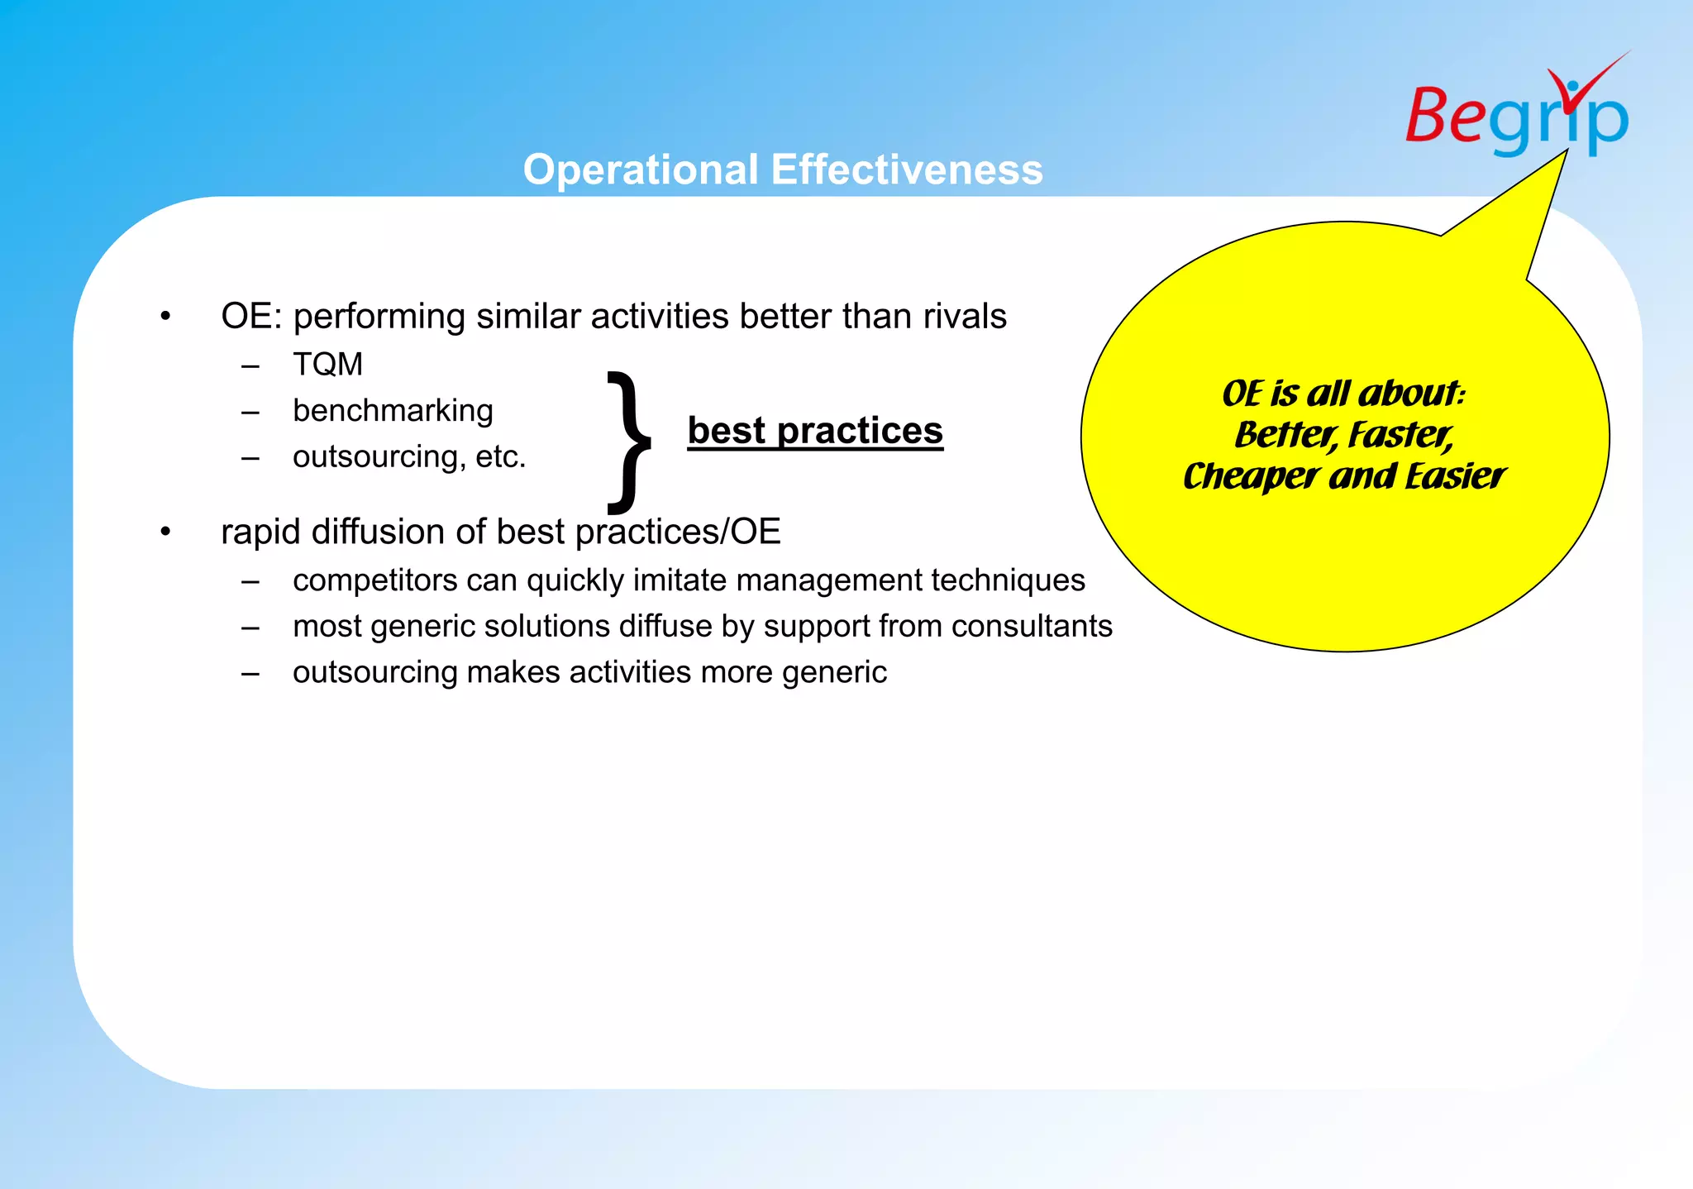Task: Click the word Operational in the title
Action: pos(641,170)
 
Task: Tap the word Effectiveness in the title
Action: pos(907,170)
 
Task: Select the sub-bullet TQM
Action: pos(327,365)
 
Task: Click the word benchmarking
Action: pos(393,411)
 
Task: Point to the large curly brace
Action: pos(630,442)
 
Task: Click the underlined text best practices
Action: pos(815,431)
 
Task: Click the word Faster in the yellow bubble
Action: pos(1400,435)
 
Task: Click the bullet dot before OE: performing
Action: pos(165,317)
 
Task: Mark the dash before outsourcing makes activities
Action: pos(250,673)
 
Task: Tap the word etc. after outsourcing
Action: pos(500,457)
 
